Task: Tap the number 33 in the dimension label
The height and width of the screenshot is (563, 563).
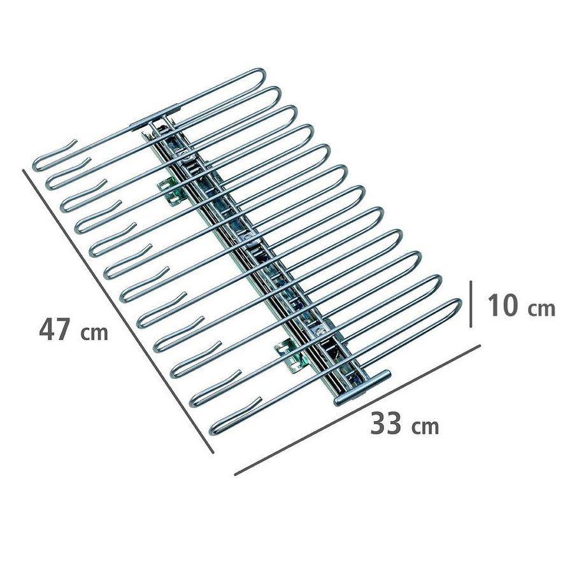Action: tap(385, 424)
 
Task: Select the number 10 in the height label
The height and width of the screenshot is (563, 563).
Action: tap(502, 305)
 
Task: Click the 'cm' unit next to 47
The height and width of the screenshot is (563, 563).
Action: tap(94, 333)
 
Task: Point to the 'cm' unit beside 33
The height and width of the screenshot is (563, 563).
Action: tap(425, 427)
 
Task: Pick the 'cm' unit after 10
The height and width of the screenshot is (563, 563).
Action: tap(542, 308)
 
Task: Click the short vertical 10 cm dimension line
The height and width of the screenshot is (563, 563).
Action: tap(471, 304)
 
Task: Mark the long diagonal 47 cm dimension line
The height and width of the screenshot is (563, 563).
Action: tap(118, 311)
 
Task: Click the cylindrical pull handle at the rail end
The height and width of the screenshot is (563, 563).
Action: tap(362, 388)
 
